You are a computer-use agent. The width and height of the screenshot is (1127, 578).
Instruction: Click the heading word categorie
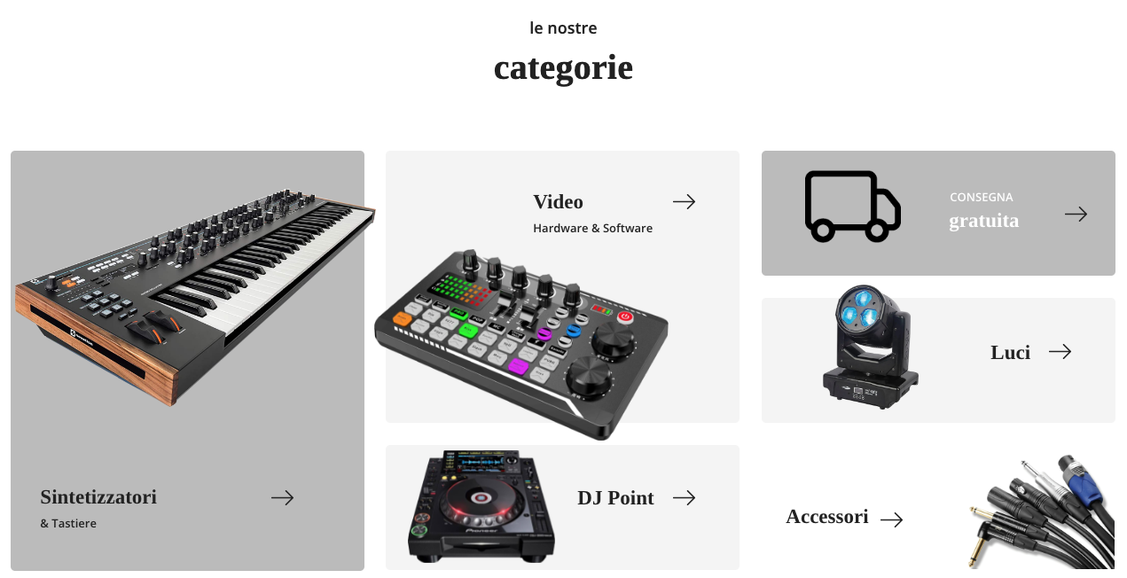[564, 68]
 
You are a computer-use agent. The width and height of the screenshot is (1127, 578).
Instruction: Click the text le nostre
[564, 28]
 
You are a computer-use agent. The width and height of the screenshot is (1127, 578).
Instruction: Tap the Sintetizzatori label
[98, 497]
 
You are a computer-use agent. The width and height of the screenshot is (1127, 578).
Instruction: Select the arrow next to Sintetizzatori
[282, 498]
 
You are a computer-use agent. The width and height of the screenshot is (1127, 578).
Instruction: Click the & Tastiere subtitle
[68, 524]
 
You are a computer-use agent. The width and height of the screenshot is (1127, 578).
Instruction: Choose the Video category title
[558, 202]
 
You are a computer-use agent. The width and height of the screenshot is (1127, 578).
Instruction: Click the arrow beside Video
[685, 202]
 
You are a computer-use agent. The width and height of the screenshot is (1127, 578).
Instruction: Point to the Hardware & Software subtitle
[592, 229]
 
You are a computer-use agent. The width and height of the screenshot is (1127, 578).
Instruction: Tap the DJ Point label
[615, 498]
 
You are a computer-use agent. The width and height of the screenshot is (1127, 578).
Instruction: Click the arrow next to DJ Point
[685, 498]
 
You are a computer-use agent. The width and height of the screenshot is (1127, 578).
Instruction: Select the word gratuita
[983, 221]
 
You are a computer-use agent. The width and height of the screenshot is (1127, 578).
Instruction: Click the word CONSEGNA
[981, 197]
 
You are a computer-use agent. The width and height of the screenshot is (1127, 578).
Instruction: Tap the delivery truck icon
[853, 207]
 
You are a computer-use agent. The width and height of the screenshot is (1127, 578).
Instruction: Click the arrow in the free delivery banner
[1076, 215]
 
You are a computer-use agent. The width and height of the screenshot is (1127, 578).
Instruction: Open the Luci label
[1010, 353]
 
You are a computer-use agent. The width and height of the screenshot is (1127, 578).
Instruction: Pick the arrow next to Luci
[1060, 351]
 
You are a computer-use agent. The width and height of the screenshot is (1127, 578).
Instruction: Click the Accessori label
[827, 517]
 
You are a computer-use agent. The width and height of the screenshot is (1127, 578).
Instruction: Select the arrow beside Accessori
[891, 519]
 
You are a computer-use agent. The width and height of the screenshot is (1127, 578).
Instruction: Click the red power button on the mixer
[625, 316]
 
